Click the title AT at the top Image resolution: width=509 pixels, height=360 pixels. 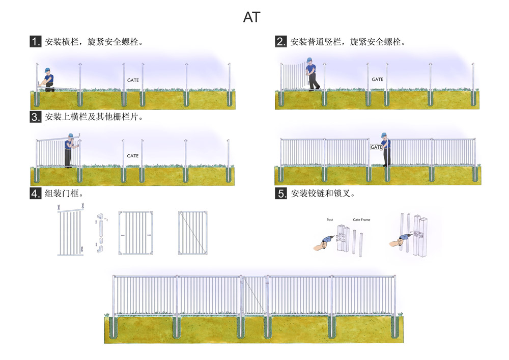[251, 17]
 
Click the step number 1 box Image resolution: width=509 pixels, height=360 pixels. [36, 42]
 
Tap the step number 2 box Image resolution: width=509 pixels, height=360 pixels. [281, 42]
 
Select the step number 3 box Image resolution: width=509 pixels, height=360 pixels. [36, 117]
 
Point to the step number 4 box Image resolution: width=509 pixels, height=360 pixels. [36, 193]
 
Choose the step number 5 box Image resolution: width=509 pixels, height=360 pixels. [281, 193]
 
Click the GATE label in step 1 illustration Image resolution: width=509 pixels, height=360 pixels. [133, 80]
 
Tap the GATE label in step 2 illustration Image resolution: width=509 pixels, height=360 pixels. [378, 79]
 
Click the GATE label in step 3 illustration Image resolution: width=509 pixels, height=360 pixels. [133, 156]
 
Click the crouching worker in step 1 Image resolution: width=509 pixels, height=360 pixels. [47, 79]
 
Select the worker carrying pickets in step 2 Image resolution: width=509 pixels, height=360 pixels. [312, 74]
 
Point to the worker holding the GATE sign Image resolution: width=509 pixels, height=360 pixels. [385, 149]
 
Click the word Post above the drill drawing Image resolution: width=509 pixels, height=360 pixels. [329, 220]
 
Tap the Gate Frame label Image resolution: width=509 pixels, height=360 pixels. [361, 220]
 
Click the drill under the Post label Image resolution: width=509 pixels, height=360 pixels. [328, 240]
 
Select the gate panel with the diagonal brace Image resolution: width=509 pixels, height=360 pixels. [192, 232]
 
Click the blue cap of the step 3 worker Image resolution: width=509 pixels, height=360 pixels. [71, 135]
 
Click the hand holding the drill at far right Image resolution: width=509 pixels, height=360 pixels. [395, 242]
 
